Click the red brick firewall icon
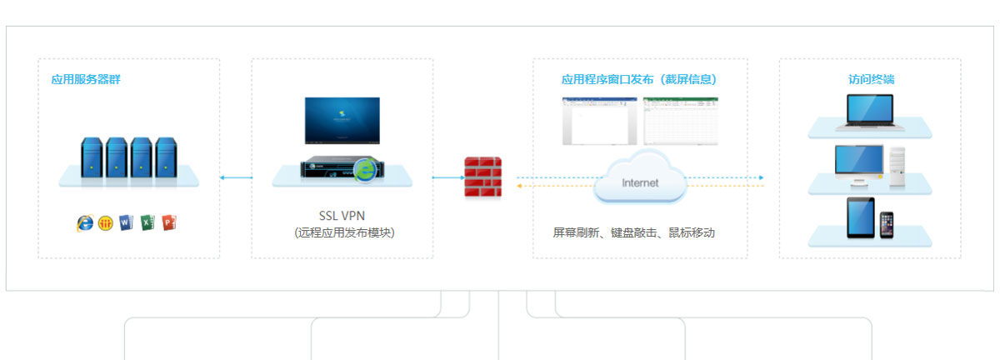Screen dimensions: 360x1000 [x=483, y=176]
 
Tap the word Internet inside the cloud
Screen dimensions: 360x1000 [x=640, y=182]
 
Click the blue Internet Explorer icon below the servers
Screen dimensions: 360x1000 [x=85, y=223]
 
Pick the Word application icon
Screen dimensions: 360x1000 [x=127, y=223]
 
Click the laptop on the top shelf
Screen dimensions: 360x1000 [x=870, y=112]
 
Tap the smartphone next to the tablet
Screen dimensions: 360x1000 [x=887, y=224]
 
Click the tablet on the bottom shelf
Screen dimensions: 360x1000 [x=861, y=217]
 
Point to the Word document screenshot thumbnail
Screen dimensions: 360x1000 [x=599, y=122]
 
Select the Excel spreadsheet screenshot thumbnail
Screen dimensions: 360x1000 [x=680, y=122]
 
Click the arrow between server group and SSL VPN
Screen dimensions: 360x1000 [x=236, y=177]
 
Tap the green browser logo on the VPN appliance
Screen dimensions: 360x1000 [x=364, y=170]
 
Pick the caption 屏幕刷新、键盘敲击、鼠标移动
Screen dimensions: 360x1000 [x=633, y=233]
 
